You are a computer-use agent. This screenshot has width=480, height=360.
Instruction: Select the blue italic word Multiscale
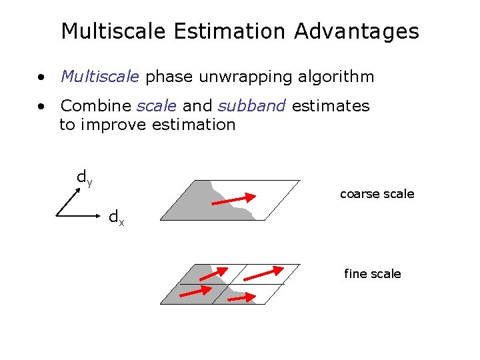pos(100,77)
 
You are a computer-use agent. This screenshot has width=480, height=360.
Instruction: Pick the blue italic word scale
pos(157,106)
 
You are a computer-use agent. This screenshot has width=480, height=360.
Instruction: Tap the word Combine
pos(96,106)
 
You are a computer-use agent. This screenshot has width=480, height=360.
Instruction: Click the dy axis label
pos(84,178)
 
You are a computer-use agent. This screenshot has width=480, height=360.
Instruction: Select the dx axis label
pos(116,217)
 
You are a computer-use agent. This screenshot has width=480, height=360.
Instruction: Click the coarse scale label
pos(377,194)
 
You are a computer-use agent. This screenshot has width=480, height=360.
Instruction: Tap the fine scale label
pos(372,274)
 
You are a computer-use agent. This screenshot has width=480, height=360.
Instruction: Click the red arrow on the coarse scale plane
pos(236,199)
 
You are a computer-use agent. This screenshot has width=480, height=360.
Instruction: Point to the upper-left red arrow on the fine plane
pos(213,274)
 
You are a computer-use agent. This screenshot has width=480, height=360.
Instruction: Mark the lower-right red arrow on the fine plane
pos(241,297)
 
